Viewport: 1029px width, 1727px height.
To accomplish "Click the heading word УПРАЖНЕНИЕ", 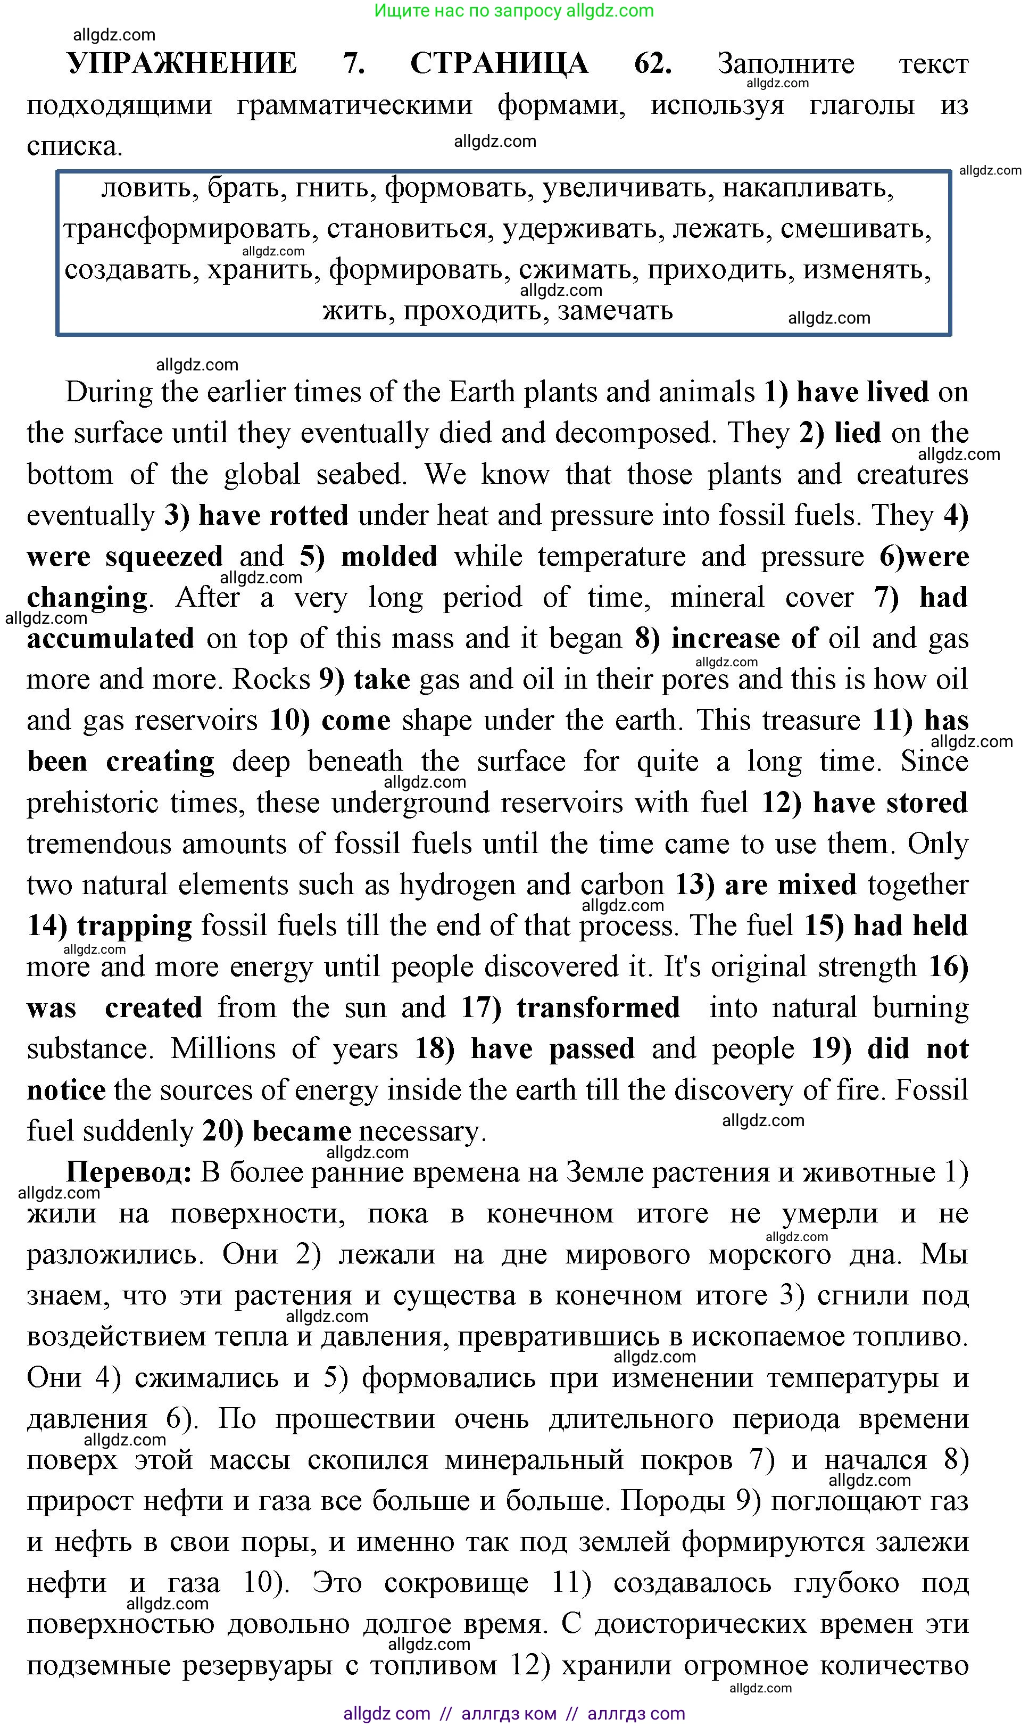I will tap(182, 63).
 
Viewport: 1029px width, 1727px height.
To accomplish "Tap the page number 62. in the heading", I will tap(652, 63).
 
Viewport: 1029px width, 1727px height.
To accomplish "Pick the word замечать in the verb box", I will tap(615, 311).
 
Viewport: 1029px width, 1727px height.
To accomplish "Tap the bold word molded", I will tap(389, 556).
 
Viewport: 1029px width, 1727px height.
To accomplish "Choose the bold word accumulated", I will tap(111, 638).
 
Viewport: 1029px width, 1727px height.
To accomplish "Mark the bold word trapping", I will tap(135, 926).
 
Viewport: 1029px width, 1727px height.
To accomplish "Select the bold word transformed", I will tap(598, 1008).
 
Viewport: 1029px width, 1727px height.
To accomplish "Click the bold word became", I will tap(302, 1131).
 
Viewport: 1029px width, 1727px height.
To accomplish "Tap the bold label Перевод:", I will tap(129, 1172).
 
